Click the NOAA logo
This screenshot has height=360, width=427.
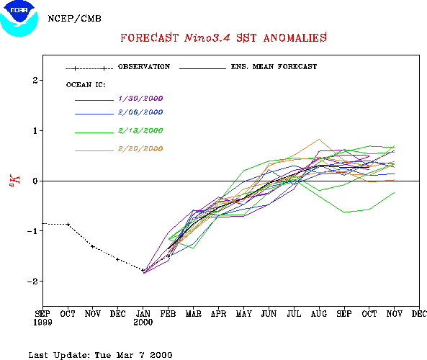(x=19, y=19)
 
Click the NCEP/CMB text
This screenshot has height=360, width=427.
(x=75, y=19)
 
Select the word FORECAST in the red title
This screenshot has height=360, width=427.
(x=150, y=38)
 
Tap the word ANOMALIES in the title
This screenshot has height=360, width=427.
(x=295, y=38)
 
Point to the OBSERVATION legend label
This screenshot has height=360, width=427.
(x=144, y=67)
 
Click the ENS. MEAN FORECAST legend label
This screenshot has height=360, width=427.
(x=274, y=67)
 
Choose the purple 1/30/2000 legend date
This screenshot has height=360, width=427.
(x=140, y=99)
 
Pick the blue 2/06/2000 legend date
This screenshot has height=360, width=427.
(x=140, y=112)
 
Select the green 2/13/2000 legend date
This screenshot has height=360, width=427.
(x=140, y=131)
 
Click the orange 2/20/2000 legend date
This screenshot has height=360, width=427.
(x=140, y=149)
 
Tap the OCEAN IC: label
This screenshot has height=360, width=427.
(x=86, y=85)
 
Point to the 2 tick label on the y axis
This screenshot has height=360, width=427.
(x=35, y=81)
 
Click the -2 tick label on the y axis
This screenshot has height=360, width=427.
(x=32, y=282)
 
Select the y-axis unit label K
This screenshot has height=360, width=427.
(x=14, y=180)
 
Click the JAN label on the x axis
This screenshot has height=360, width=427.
(x=143, y=314)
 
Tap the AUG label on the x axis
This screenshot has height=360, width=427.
(x=319, y=314)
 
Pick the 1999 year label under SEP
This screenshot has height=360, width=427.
(x=42, y=323)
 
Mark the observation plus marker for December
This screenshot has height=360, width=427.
(x=117, y=259)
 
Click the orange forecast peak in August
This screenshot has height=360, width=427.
(x=319, y=140)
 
